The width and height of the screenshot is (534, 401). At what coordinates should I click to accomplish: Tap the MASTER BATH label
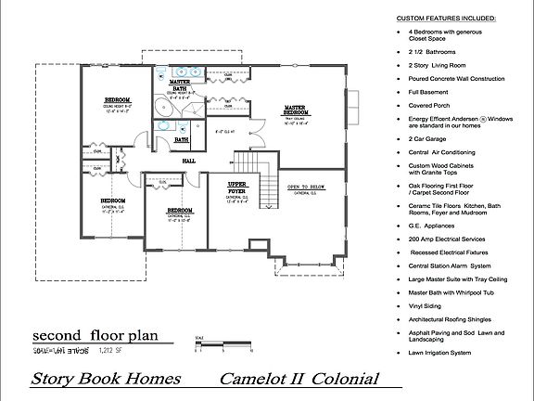180,84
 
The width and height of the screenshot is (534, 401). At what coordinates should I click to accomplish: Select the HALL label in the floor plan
188,160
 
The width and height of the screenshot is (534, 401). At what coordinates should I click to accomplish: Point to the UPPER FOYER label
237,186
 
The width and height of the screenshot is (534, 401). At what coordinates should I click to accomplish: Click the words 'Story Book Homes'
103,380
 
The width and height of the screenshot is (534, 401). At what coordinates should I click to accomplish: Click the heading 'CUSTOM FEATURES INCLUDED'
446,18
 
